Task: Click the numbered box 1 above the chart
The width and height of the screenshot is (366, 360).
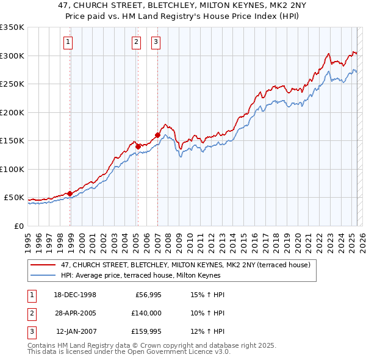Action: tap(67, 42)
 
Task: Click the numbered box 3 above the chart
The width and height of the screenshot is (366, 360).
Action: tap(156, 42)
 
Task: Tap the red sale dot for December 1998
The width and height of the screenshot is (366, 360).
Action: tap(70, 193)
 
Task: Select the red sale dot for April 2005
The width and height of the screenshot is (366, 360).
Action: tap(138, 146)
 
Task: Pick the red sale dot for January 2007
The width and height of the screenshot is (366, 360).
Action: tap(157, 135)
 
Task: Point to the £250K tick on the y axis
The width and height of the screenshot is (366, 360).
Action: tap(12, 84)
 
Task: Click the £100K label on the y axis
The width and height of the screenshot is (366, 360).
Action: tap(12, 169)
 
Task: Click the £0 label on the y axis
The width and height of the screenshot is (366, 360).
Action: tap(18, 226)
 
